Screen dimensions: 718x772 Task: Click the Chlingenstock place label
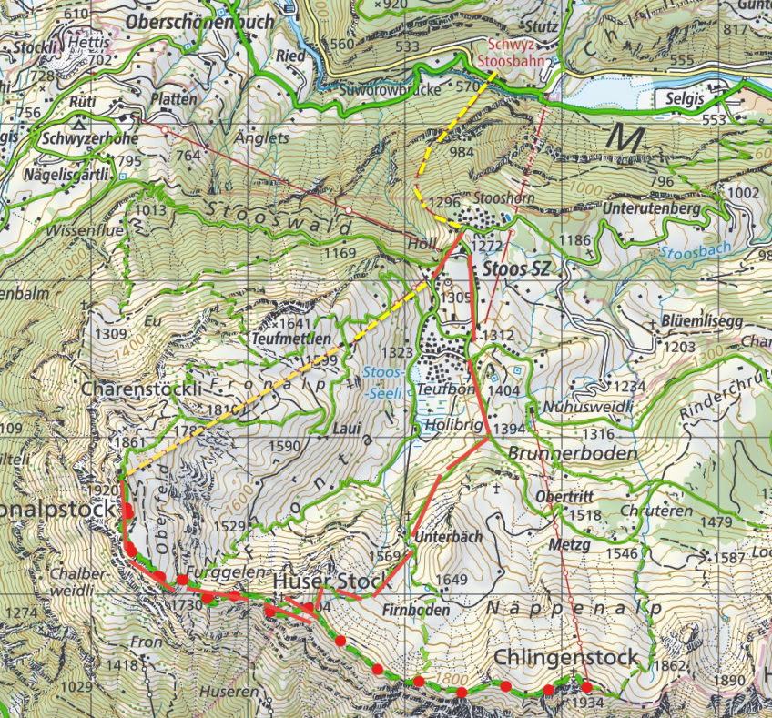click(x=563, y=657)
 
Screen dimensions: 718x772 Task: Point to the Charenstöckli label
click(x=141, y=387)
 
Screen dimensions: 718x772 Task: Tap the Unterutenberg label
click(x=651, y=209)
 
